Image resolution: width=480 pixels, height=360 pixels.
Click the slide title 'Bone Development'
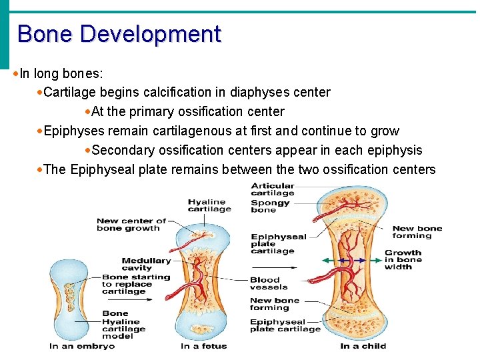click(119, 33)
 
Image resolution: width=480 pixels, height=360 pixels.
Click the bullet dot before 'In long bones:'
click(15, 72)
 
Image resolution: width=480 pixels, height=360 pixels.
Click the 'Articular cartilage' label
click(273, 189)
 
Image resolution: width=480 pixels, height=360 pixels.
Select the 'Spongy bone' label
click(270, 206)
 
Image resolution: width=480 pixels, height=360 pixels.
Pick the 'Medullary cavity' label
click(146, 264)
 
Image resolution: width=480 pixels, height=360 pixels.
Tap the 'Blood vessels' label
click(269, 283)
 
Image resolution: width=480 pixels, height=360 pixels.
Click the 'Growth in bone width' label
click(403, 260)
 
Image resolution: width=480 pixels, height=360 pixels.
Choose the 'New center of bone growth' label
click(131, 224)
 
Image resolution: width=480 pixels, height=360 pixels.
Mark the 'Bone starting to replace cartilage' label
click(135, 284)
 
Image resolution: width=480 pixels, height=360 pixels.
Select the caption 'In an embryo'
click(82, 346)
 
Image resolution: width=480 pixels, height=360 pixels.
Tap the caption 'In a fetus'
click(203, 346)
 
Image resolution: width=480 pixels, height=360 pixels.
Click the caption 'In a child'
click(363, 346)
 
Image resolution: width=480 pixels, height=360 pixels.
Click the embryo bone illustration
click(68, 300)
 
